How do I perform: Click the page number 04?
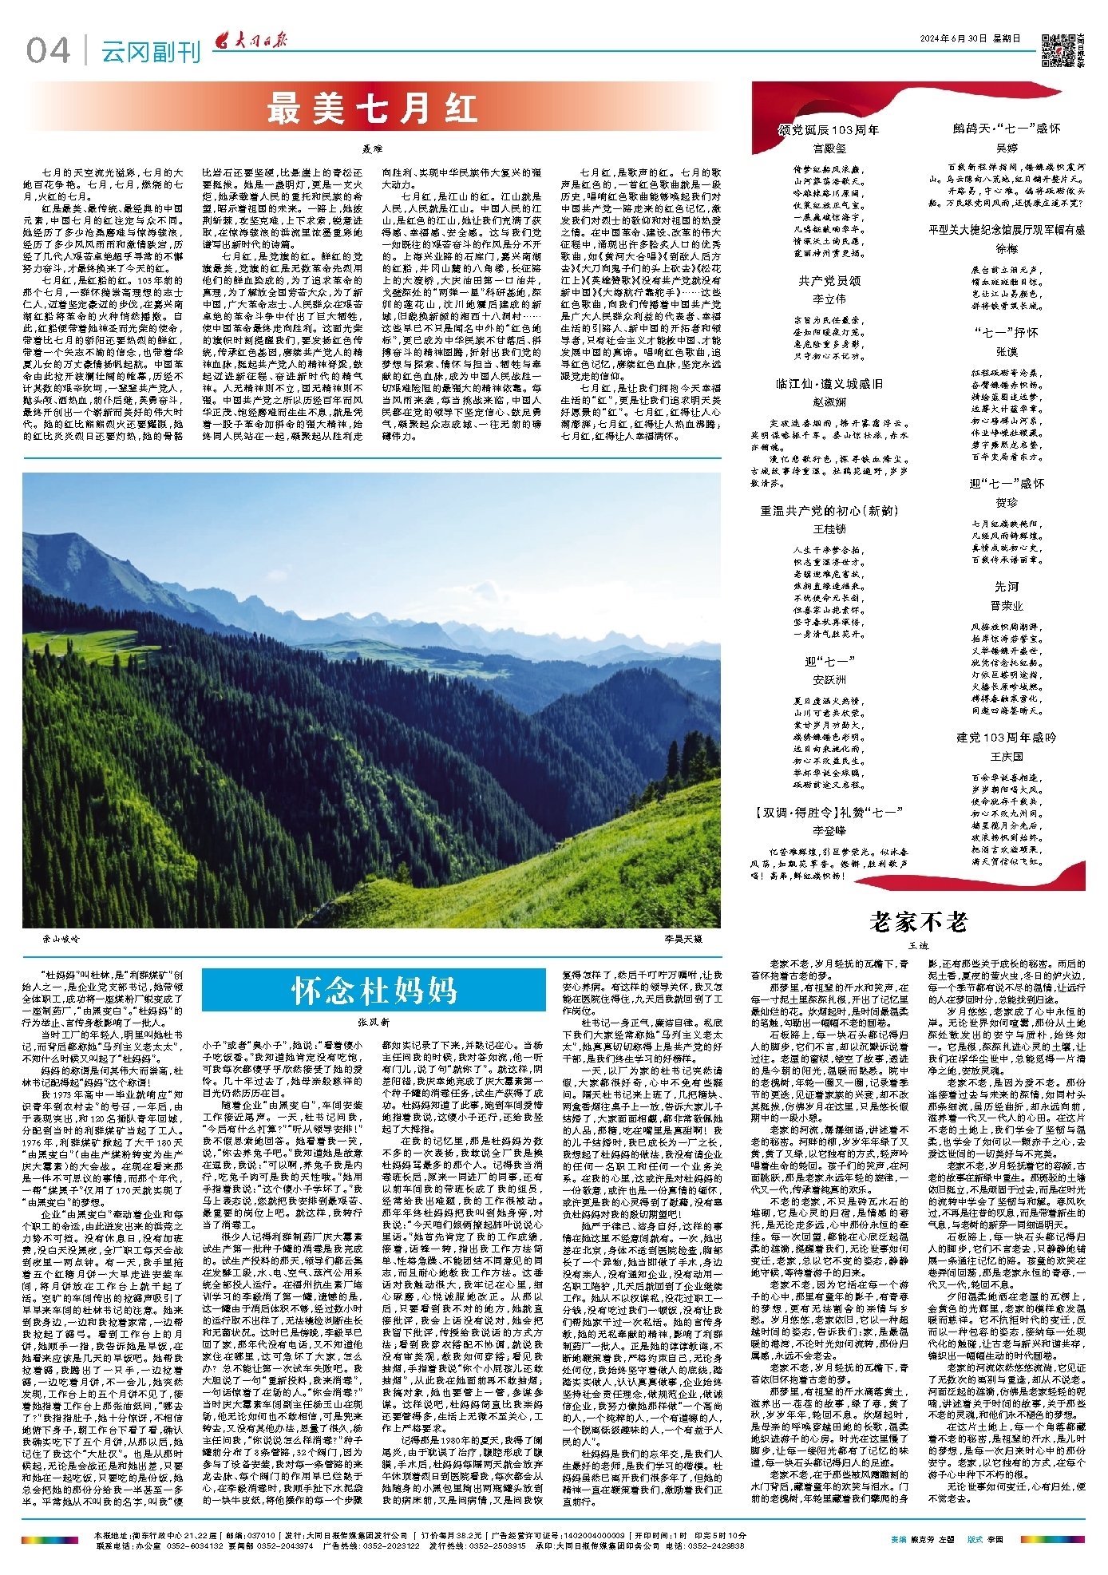click(x=48, y=51)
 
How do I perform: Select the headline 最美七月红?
click(x=372, y=109)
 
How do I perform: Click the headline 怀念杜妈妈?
click(x=374, y=991)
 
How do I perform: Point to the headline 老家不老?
click(x=919, y=922)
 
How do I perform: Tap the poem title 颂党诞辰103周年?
click(x=829, y=130)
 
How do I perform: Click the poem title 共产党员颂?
click(x=829, y=281)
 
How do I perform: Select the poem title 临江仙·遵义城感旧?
click(x=829, y=384)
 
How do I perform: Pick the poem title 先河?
click(x=1007, y=587)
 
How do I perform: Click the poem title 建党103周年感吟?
click(x=1007, y=738)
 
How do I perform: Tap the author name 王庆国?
click(x=1007, y=756)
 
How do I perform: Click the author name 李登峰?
click(x=829, y=830)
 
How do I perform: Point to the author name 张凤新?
click(x=374, y=1022)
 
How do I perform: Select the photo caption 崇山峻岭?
click(x=61, y=939)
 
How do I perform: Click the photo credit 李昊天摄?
click(x=683, y=939)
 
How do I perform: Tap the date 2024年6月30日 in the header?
click(x=970, y=38)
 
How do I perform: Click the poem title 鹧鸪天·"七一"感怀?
click(x=1007, y=129)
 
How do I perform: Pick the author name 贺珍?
click(x=1007, y=503)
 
